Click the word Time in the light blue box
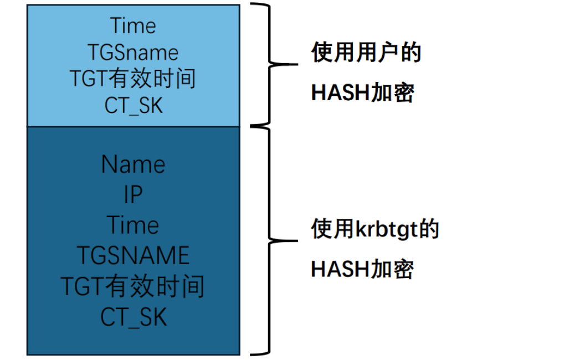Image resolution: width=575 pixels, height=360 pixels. pyautogui.click(x=133, y=26)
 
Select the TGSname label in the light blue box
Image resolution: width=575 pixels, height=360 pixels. pyautogui.click(x=133, y=53)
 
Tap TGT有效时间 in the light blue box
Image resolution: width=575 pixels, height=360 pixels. pyautogui.click(x=133, y=79)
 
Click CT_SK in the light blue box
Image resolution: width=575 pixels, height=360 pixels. pyautogui.click(x=134, y=106)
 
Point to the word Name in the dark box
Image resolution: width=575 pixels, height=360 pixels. pyautogui.click(x=133, y=164)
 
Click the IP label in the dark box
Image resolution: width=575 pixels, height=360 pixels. pyautogui.click(x=133, y=194)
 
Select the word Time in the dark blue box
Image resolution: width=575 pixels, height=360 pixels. pyautogui.click(x=133, y=225)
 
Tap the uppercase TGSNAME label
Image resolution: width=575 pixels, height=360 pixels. pyautogui.click(x=133, y=255)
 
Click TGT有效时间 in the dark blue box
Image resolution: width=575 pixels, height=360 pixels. pyautogui.click(x=132, y=286)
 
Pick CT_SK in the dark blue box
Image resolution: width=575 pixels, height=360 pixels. pyautogui.click(x=134, y=317)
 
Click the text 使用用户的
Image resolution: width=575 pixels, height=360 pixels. pyautogui.click(x=366, y=52)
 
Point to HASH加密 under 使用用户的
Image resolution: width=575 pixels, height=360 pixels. pyautogui.click(x=362, y=92)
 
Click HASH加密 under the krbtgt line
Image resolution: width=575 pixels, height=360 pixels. pyautogui.click(x=362, y=269)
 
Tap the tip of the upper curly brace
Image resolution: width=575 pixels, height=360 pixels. pyautogui.click(x=297, y=64)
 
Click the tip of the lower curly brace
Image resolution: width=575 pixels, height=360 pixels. pyautogui.click(x=297, y=241)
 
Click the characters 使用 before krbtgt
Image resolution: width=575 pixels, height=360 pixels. pyautogui.click(x=333, y=229)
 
